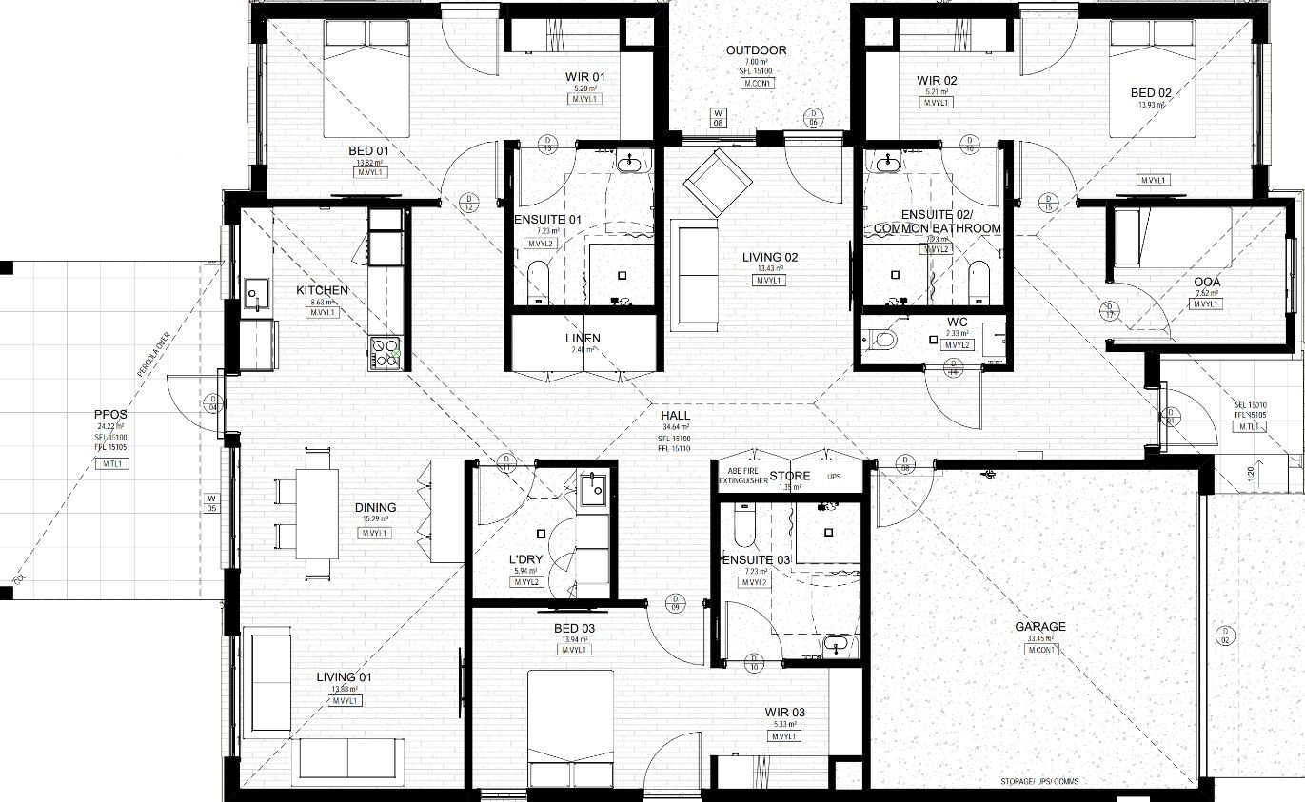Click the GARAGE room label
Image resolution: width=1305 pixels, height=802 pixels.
(1039, 627)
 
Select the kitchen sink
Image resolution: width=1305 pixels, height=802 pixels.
(255, 295)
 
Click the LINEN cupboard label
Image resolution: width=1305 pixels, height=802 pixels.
(583, 339)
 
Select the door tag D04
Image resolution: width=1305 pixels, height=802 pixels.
(212, 402)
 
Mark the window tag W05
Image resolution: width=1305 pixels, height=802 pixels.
(212, 503)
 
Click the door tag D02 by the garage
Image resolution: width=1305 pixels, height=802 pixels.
(1226, 636)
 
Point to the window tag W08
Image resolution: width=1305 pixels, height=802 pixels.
(718, 118)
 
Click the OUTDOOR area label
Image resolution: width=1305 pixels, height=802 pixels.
(756, 50)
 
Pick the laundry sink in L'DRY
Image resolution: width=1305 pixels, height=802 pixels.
(595, 488)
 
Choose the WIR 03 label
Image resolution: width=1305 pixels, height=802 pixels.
(784, 712)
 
